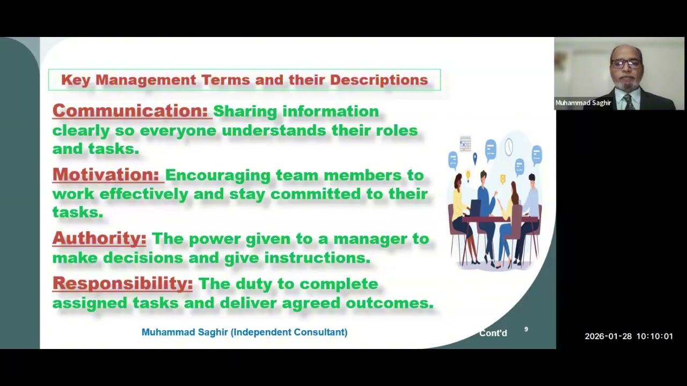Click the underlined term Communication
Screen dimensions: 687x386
tap(130, 110)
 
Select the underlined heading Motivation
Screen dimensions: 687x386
tap(106, 175)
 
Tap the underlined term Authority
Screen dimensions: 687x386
tap(99, 239)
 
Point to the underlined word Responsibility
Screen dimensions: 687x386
tap(123, 284)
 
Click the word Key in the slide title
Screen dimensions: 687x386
tap(76, 80)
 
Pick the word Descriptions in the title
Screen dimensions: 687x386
tap(379, 80)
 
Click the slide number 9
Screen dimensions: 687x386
tap(526, 329)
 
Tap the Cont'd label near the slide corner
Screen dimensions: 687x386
tap(493, 333)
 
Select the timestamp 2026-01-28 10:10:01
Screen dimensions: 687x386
tap(628, 336)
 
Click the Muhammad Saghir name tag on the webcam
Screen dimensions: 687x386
tap(583, 103)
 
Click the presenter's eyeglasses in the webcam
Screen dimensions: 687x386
tap(626, 64)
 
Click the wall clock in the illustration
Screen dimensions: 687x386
tap(509, 147)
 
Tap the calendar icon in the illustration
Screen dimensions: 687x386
tap(465, 144)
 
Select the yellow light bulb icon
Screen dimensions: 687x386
tap(468, 176)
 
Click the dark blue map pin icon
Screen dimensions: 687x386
tap(475, 158)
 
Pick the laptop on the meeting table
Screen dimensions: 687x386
tap(476, 207)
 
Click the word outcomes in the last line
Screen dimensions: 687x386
tap(390, 303)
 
